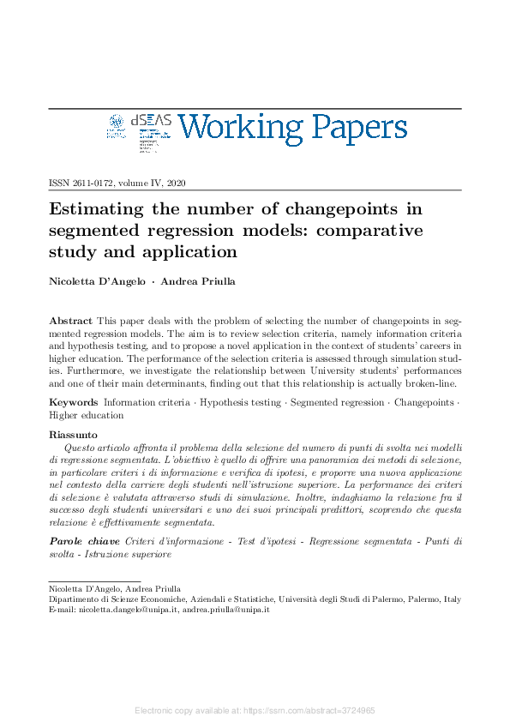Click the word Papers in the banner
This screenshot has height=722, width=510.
(355, 129)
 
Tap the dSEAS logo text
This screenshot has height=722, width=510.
(151, 123)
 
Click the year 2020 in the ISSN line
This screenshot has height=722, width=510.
(176, 184)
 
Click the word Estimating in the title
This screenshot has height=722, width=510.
(96, 209)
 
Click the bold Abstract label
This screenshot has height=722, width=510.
(70, 319)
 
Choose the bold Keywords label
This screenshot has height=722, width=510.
(73, 401)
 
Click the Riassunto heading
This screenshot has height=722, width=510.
(74, 436)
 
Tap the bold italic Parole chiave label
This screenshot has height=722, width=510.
(84, 542)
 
